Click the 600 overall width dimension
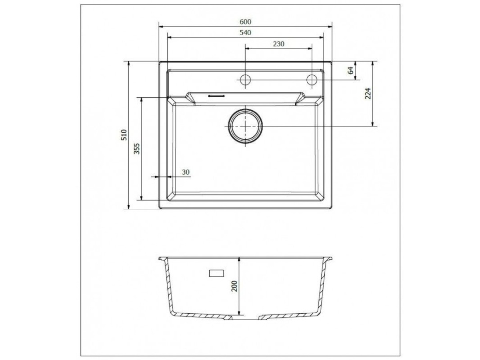245,22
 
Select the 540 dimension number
245,33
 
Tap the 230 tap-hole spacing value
278,44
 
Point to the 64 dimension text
350,70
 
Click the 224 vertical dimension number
368,94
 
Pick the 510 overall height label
124,135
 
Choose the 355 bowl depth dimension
137,149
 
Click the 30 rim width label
186,172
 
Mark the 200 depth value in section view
234,286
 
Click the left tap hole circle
245,80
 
